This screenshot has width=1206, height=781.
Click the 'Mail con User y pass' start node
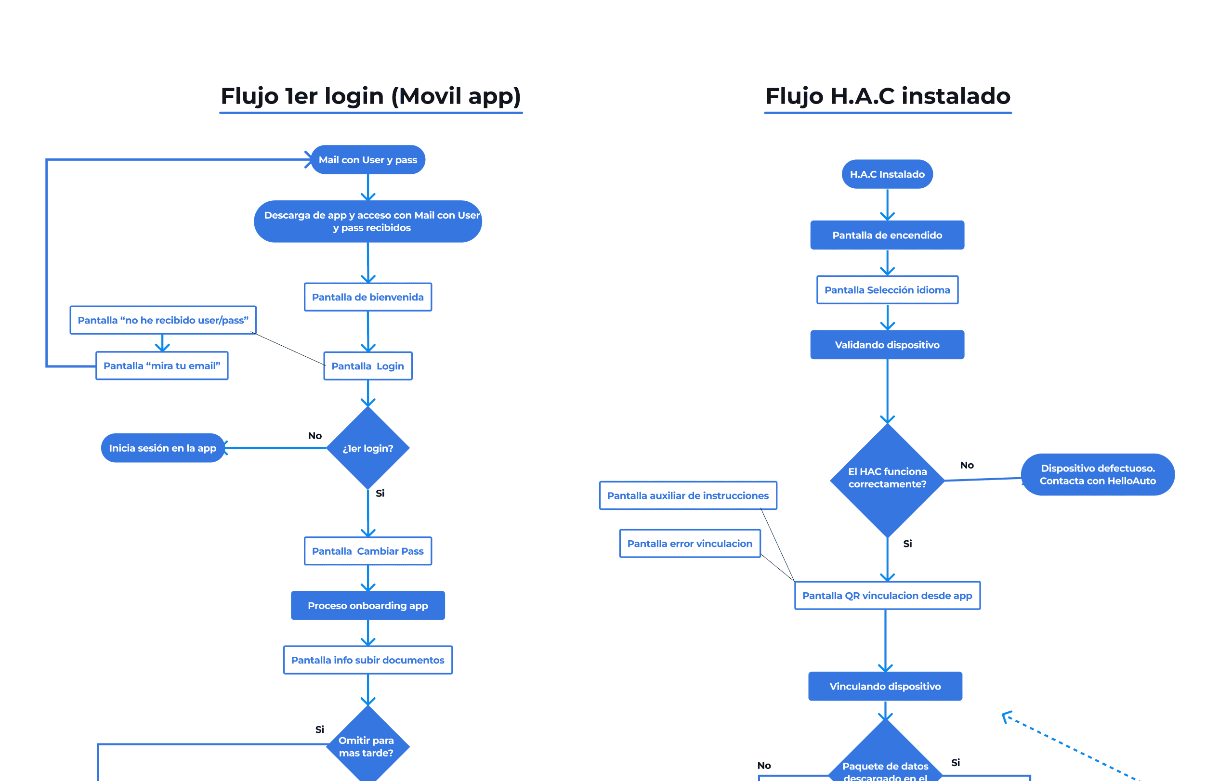(367, 159)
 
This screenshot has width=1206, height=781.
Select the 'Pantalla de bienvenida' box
(367, 297)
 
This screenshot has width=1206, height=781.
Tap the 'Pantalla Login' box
(367, 365)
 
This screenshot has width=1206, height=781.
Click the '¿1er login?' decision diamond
(367, 448)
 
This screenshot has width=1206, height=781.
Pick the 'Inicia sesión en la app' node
(162, 448)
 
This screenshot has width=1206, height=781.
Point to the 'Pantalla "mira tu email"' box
(162, 365)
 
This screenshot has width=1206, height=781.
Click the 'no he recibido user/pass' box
(163, 320)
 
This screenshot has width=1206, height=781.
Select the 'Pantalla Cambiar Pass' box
(367, 551)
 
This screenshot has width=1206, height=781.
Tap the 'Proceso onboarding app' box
(367, 605)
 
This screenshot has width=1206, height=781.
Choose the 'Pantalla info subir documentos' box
(367, 660)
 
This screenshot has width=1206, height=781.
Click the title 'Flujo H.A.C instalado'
(887, 96)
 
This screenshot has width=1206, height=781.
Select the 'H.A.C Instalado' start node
(887, 174)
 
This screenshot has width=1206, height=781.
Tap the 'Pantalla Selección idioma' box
(887, 290)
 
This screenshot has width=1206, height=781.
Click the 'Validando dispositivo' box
(887, 345)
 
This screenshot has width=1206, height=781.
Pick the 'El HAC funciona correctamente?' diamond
(887, 479)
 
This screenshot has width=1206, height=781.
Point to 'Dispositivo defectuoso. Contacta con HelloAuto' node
(1097, 475)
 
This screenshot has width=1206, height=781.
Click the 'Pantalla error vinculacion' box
(689, 544)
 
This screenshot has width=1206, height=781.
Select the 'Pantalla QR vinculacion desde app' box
(887, 596)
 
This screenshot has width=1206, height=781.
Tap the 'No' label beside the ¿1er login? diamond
(315, 436)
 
